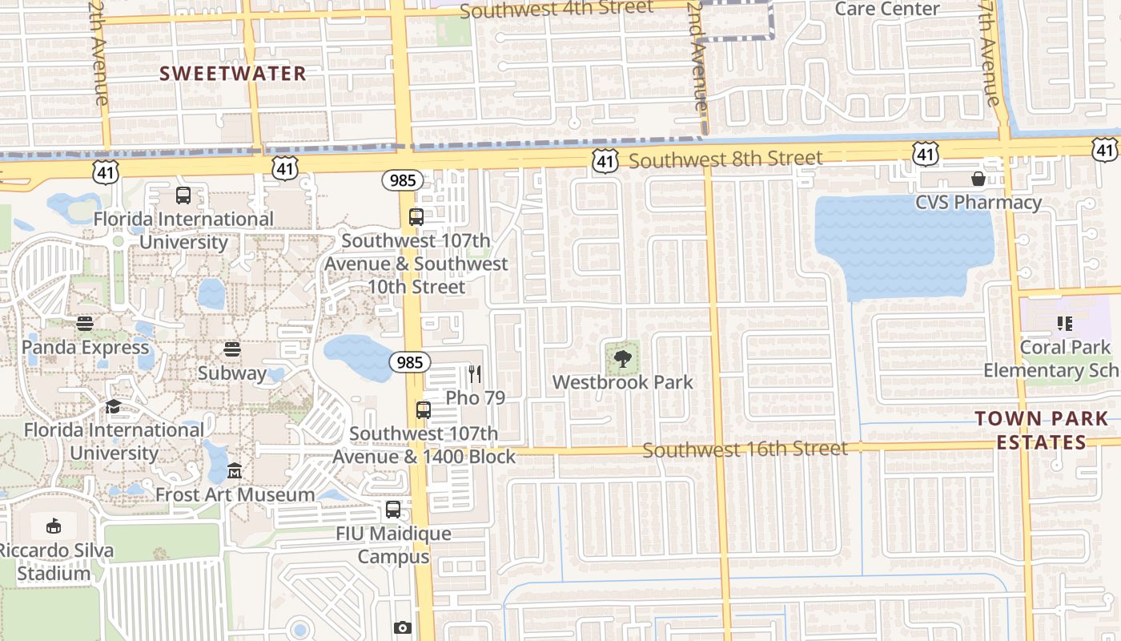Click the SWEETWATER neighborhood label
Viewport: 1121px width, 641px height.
tap(233, 74)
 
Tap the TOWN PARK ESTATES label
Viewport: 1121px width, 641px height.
tap(1042, 430)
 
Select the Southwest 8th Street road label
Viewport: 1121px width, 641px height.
tap(725, 159)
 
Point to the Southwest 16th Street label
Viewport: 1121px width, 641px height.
tap(745, 450)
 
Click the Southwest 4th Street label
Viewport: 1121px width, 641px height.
tap(556, 10)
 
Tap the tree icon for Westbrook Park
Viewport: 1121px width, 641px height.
tap(623, 358)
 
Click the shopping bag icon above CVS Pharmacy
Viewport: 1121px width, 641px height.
tap(978, 178)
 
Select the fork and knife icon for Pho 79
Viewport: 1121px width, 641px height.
tap(475, 373)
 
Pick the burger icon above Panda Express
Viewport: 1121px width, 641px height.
tap(85, 324)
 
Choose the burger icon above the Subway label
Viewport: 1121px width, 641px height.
tap(232, 349)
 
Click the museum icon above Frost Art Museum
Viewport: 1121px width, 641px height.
tap(235, 470)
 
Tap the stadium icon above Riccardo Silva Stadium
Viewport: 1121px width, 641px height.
tap(54, 526)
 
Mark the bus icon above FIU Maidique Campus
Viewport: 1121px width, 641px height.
tap(393, 510)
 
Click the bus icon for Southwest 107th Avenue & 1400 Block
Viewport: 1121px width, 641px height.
tap(424, 410)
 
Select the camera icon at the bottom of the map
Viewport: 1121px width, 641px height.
tap(403, 627)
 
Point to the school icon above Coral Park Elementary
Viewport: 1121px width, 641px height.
tap(1065, 324)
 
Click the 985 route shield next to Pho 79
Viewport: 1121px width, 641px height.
tap(409, 362)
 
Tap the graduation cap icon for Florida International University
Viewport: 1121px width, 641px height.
tap(113, 406)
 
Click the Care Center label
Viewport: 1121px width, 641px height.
tap(887, 9)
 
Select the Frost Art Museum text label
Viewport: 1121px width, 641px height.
tap(235, 494)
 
